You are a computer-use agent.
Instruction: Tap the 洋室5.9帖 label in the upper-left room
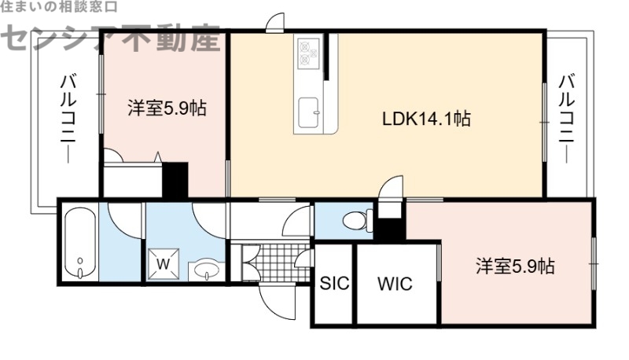coord(167,108)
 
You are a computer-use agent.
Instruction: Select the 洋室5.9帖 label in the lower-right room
coord(514,266)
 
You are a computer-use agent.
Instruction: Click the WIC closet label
coord(395,284)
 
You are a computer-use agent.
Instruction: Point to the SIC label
coord(334,284)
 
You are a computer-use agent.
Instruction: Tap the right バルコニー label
coord(568,118)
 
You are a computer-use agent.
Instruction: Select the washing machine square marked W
coord(163,264)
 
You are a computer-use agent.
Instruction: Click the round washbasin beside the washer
coord(208,272)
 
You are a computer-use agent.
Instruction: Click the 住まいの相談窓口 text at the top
coord(59,6)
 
